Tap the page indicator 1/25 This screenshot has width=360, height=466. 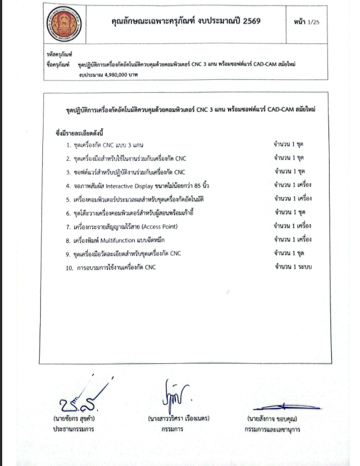pyautogui.click(x=314, y=22)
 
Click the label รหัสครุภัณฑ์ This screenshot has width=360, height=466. pyautogui.click(x=60, y=55)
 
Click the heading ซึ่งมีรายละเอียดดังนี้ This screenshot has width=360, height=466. pyautogui.click(x=79, y=133)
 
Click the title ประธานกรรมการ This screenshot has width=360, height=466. pyautogui.click(x=74, y=429)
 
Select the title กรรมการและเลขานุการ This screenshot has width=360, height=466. pyautogui.click(x=273, y=430)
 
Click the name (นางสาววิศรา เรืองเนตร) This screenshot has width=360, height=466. pyautogui.click(x=178, y=419)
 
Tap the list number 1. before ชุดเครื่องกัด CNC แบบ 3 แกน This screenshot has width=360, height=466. pyautogui.click(x=69, y=146)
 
